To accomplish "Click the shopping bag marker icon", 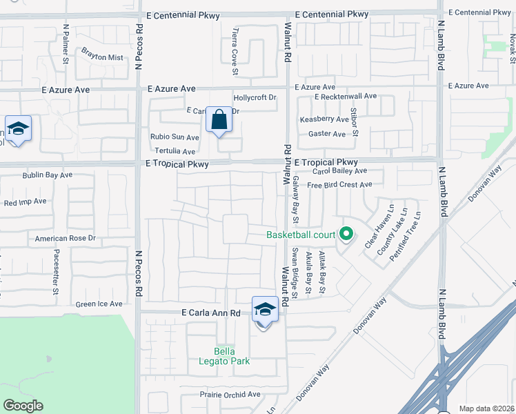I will (x=219, y=120).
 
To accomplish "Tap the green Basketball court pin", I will (x=346, y=235).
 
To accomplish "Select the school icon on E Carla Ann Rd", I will (x=265, y=309).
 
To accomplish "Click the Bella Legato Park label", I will (x=232, y=355).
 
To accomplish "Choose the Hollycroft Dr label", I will (x=255, y=98).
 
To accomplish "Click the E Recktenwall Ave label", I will (x=346, y=97).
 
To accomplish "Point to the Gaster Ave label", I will (x=327, y=134).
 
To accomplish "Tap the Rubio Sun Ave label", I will (x=175, y=137).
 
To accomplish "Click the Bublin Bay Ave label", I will (x=47, y=175).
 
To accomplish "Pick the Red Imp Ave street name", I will (x=25, y=202).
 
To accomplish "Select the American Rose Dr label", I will (x=65, y=239).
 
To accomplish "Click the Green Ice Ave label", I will (x=99, y=304).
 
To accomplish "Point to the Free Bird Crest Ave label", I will (x=339, y=185).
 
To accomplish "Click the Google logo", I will (x=23, y=406).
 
